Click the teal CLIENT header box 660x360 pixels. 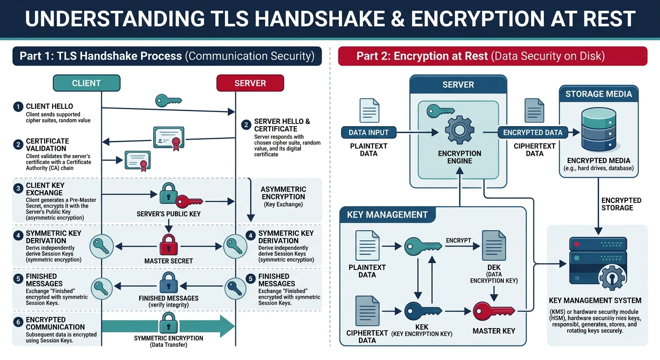coord(86,83)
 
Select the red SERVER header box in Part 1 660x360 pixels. coord(250,83)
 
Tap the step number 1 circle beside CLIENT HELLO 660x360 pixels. coord(18,107)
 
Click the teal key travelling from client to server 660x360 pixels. coord(168,100)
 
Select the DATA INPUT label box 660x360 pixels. coord(368,133)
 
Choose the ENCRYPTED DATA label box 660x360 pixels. coord(532,133)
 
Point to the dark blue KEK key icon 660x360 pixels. coord(422,311)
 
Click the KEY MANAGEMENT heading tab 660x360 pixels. coord(387,215)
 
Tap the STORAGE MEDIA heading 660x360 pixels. coord(599,94)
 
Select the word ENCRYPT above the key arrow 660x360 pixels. coord(458,240)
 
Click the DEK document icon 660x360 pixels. coord(494,246)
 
